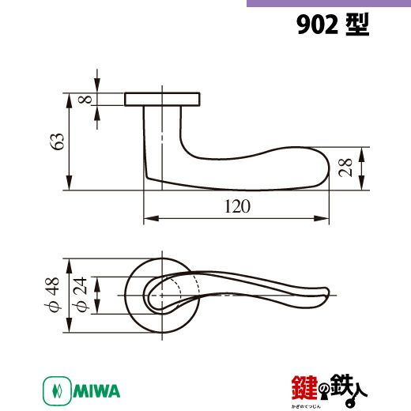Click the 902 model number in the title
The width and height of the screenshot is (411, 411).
(x=317, y=25)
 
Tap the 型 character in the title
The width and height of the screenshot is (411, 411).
(x=357, y=25)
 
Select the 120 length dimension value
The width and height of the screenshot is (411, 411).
(x=237, y=206)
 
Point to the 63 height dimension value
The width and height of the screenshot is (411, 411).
(x=58, y=141)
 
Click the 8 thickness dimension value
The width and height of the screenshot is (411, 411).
(x=85, y=99)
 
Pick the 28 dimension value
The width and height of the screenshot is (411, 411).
(x=345, y=168)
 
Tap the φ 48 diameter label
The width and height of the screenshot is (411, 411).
(x=52, y=294)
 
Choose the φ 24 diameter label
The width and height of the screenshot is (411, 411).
(x=80, y=294)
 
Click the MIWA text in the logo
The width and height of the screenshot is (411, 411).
(x=96, y=391)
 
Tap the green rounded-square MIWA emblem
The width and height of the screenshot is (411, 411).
(x=57, y=391)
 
